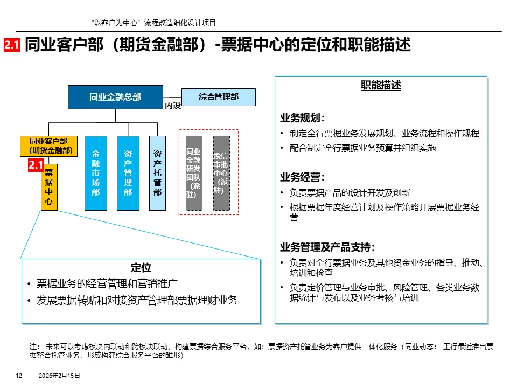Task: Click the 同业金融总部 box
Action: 115,97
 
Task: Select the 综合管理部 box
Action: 219,97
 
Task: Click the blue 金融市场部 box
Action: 96,173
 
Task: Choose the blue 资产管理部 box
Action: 128,173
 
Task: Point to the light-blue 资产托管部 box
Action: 157,173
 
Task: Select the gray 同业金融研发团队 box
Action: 193,173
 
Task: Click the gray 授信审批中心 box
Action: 221,173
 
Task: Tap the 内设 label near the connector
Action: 173,106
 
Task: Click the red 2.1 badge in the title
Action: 12,46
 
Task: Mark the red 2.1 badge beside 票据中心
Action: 36,166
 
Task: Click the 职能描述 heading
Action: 381,86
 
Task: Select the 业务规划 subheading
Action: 302,118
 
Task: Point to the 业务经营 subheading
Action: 302,177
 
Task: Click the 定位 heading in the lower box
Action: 141,268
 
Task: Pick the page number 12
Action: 18,376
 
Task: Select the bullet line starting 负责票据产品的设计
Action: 350,192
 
